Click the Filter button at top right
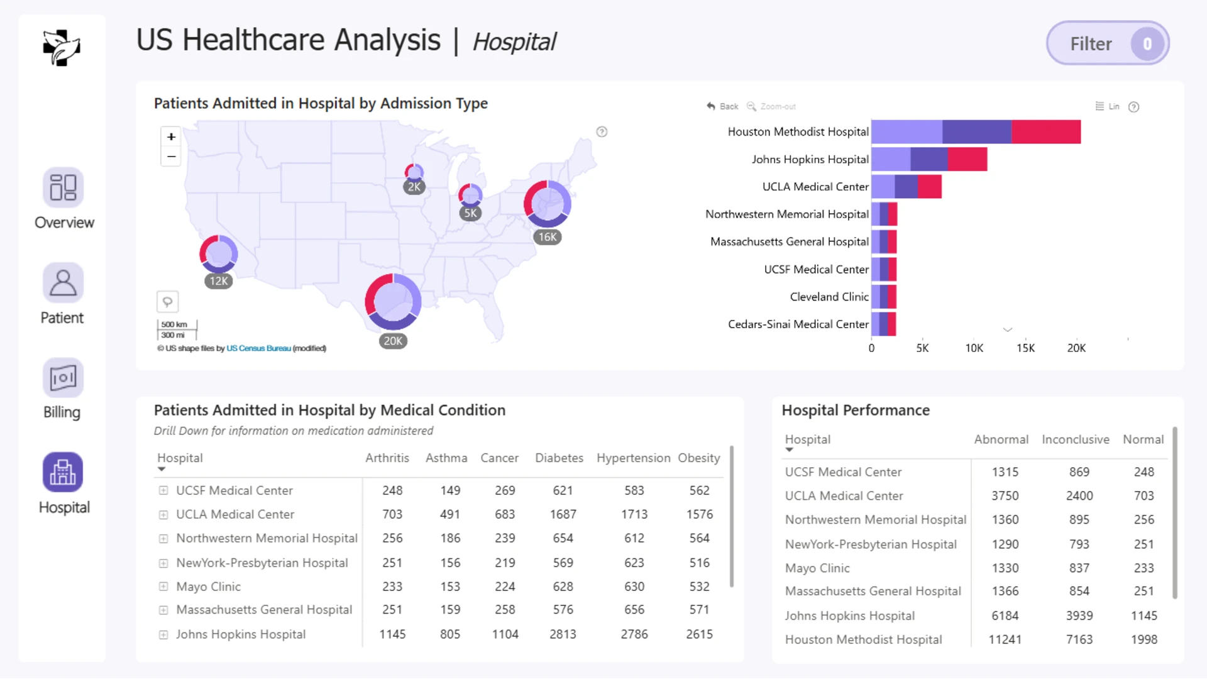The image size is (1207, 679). pos(1108,43)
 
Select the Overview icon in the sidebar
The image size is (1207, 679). pos(63,187)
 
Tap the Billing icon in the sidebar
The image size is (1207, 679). pos(63,378)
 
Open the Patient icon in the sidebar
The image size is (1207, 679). pos(63,283)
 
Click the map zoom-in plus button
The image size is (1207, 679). pos(171,136)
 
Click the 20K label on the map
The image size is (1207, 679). pos(393,341)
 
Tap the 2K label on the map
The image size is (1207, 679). pos(414,187)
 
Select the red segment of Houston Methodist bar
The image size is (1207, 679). pos(1046,132)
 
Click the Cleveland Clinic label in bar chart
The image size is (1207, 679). pos(829,297)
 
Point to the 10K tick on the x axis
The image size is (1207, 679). pos(974,348)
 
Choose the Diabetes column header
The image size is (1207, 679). pos(559,458)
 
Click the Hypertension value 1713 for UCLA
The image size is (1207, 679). pos(634,514)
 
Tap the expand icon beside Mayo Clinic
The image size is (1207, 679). pos(163,587)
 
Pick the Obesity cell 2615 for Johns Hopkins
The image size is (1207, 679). pos(699,634)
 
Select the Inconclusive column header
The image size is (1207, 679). pos(1075,439)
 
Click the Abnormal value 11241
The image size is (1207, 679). pos(1005,639)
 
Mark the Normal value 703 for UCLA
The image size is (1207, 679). pos(1144,495)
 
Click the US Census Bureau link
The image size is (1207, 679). pos(258,348)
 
